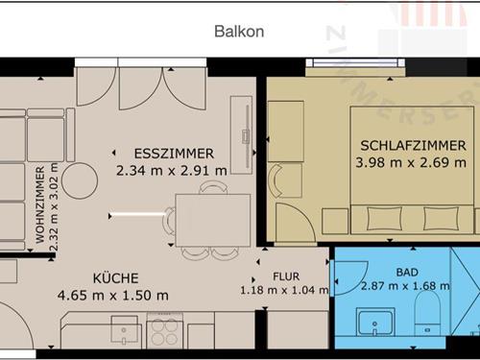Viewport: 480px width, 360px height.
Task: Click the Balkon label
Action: point(239,32)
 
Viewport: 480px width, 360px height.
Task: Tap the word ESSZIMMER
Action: point(174,154)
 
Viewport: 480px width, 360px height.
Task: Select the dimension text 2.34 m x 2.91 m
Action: point(172,171)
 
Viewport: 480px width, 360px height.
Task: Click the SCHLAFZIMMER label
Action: point(413,146)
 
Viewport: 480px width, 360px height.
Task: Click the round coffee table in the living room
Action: point(79,179)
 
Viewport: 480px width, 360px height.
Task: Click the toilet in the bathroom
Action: point(427,316)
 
